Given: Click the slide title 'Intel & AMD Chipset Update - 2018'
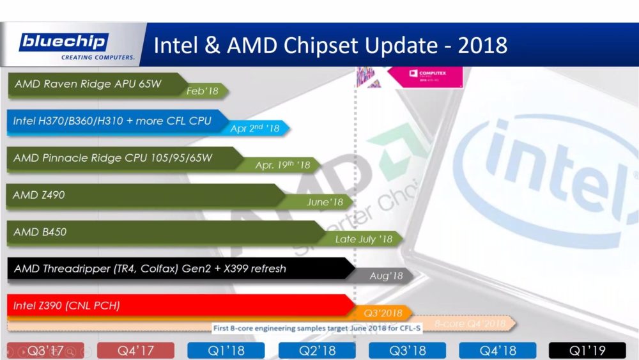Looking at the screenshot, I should pos(331,45).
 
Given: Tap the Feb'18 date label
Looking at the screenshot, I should pos(203,91).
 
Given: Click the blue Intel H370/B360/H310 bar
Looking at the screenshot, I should pos(112,121).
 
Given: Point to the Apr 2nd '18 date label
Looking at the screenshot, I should pos(256,129).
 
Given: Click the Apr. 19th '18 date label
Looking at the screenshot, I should pos(282,166).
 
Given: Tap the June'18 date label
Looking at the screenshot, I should pos(325,203).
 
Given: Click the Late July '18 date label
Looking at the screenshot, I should pos(364,240).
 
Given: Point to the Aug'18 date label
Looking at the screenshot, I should pos(386,276).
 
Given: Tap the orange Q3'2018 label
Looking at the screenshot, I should pos(382,313).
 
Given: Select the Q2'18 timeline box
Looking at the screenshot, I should pos(317,350).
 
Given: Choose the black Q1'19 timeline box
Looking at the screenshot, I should pos(587,350).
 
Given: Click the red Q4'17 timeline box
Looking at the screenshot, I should pos(136,350).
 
